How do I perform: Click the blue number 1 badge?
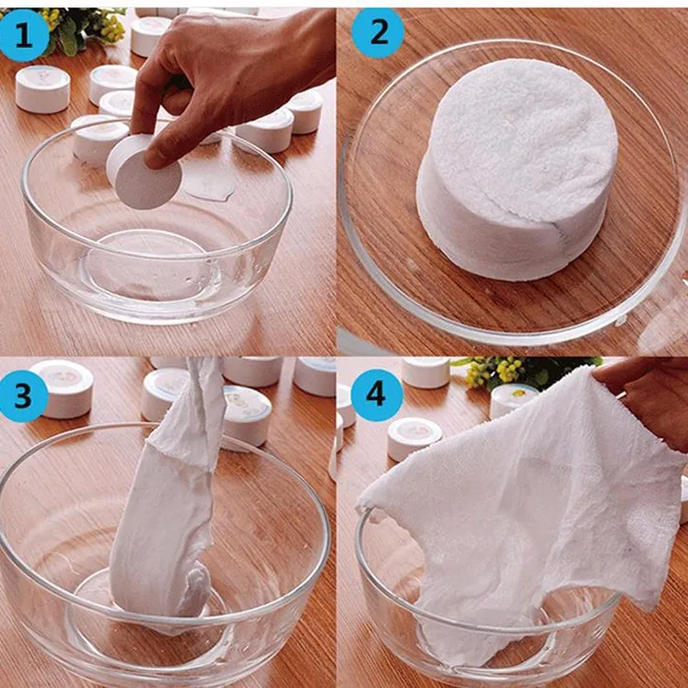coord(24,35)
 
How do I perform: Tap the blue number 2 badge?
coord(378,33)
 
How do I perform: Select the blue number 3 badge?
coord(23,395)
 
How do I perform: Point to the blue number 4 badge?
coord(377,395)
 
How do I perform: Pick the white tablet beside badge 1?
coord(42,89)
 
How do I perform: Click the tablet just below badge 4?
coord(414,438)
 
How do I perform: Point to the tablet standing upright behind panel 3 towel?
coord(246,416)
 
